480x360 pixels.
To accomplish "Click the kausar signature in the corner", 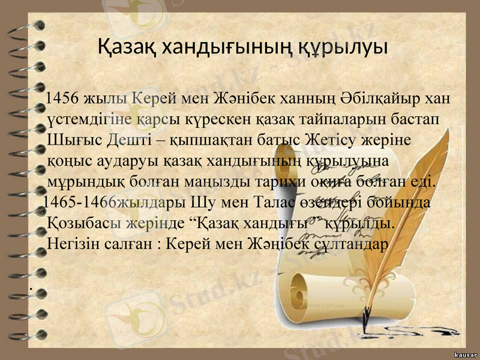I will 462,353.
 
